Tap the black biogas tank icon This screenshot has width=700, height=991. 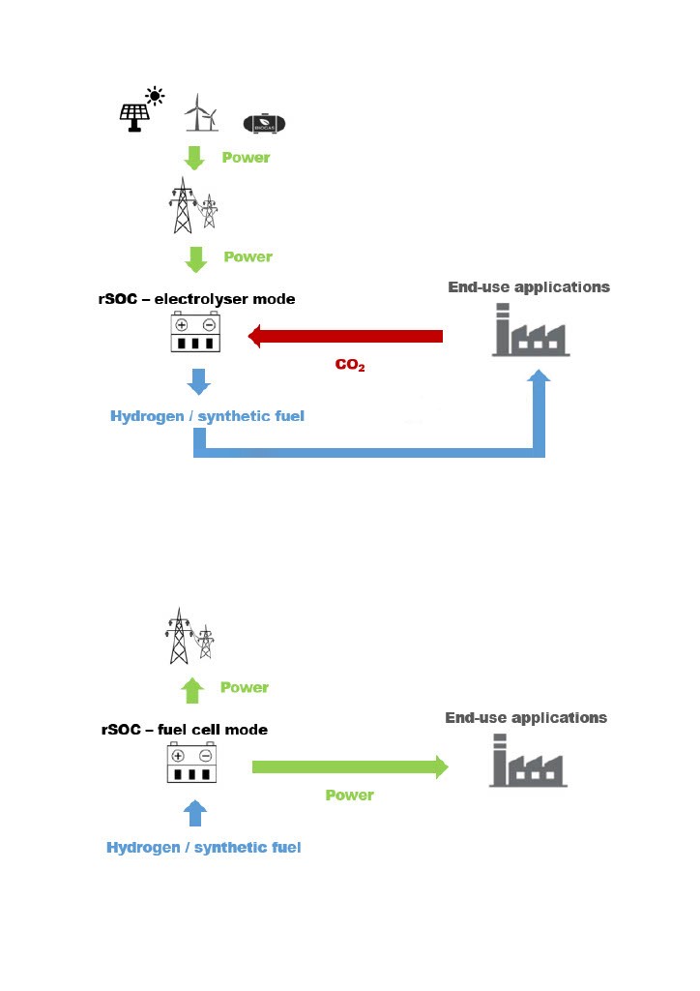(264, 123)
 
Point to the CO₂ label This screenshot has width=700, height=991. (349, 366)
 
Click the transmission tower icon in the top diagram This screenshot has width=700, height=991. (190, 204)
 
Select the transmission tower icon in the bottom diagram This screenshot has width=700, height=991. (188, 636)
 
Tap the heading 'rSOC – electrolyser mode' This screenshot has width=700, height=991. (196, 299)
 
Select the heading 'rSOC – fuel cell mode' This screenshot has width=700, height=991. (185, 730)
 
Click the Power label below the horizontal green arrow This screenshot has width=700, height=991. (349, 796)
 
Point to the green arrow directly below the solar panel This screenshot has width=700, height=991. (195, 157)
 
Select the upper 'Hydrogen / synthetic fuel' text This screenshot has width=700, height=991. (207, 416)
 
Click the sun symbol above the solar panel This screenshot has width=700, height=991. (154, 95)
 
